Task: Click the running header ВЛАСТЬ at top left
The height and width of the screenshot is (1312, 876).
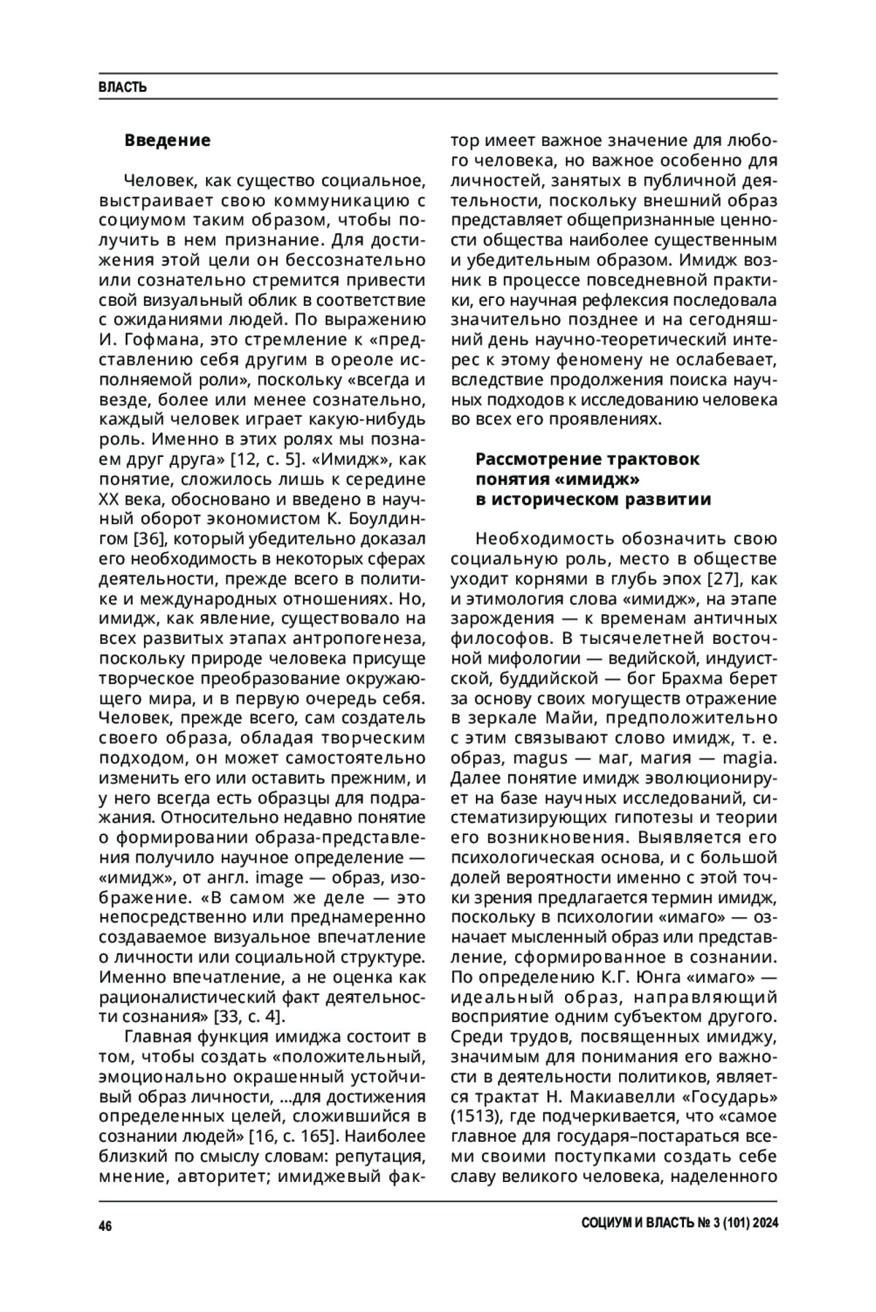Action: (x=123, y=88)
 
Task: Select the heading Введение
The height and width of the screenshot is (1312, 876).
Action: (x=167, y=140)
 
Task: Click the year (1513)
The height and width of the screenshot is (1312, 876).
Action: (x=474, y=1117)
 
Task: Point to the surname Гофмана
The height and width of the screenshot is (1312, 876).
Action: (x=160, y=339)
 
